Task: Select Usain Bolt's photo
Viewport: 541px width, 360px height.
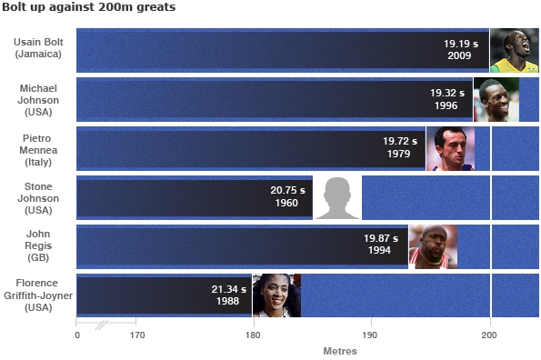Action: pyautogui.click(x=514, y=50)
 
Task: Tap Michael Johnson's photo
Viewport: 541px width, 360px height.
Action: pyautogui.click(x=496, y=99)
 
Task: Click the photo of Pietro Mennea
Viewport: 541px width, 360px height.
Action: pyautogui.click(x=450, y=148)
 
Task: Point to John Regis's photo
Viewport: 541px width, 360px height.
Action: pyautogui.click(x=432, y=246)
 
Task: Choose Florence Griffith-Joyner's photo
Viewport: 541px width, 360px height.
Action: pyautogui.click(x=276, y=295)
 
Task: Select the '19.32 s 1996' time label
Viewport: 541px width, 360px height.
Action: pyautogui.click(x=446, y=99)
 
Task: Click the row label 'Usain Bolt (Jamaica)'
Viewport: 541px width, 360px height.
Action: pyautogui.click(x=38, y=49)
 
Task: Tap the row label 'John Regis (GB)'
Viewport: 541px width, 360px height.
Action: pyautogui.click(x=38, y=245)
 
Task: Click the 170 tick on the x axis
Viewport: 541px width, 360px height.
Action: pyautogui.click(x=135, y=335)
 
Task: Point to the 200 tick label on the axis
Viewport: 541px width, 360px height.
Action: pyautogui.click(x=489, y=335)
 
